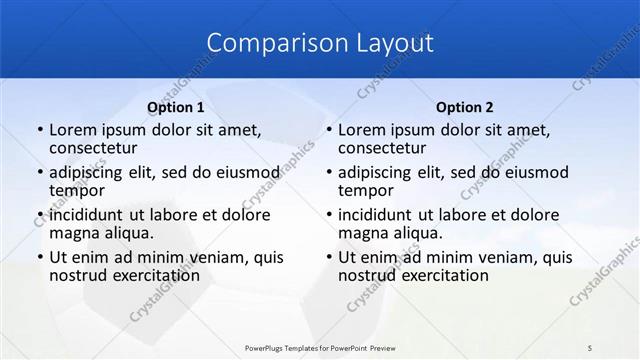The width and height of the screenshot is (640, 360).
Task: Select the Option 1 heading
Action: [x=176, y=107]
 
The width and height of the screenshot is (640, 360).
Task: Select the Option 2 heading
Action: [x=465, y=107]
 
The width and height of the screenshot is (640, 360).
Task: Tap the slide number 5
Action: [x=590, y=346]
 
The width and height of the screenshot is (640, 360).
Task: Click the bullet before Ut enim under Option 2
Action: [x=328, y=258]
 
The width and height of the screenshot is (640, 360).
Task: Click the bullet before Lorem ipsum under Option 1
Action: [x=39, y=130]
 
